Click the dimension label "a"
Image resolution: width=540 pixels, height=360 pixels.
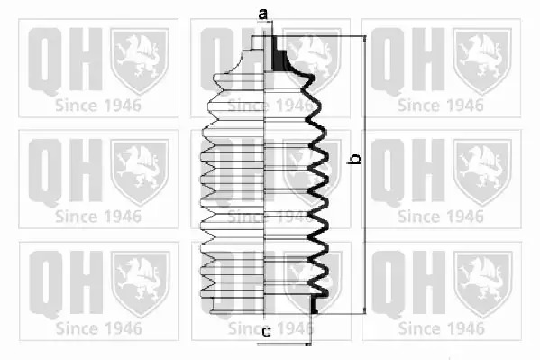(262, 14)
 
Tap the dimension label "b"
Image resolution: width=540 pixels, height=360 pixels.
(355, 159)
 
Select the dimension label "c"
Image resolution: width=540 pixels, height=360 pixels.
(266, 332)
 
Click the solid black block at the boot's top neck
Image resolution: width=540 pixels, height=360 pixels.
(279, 54)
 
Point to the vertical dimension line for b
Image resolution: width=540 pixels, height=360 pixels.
(365, 175)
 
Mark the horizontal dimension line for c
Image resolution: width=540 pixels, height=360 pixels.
(284, 344)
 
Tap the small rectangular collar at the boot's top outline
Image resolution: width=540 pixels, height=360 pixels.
(258, 43)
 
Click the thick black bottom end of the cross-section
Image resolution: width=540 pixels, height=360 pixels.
(314, 305)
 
